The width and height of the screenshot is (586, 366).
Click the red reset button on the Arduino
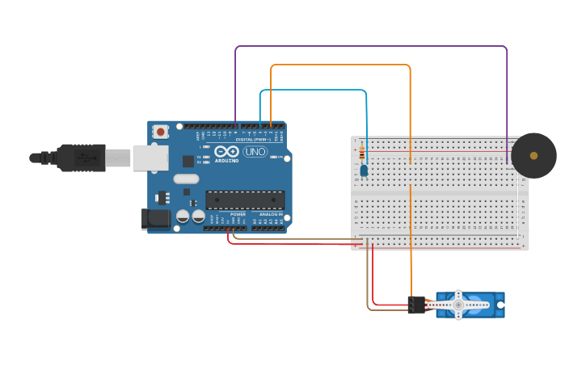tap(161, 131)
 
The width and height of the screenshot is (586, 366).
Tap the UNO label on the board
tap(255, 151)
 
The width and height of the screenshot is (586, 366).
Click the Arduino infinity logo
tap(226, 151)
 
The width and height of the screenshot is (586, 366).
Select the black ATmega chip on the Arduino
tap(245, 200)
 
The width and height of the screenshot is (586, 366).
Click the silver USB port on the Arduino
tap(150, 158)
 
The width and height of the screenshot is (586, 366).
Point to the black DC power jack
tap(156, 219)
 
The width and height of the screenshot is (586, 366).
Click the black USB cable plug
tap(81, 158)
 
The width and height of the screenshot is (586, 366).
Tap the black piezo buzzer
tap(533, 155)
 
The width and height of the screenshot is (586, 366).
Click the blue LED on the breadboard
tap(365, 170)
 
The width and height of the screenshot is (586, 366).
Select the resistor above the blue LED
tap(363, 154)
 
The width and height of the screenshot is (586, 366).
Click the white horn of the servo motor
tap(457, 305)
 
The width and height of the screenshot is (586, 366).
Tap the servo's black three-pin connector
tap(416, 305)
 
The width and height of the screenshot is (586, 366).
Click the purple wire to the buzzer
tap(372, 47)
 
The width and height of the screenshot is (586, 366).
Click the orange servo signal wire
tap(339, 65)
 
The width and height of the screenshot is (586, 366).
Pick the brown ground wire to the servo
tap(369, 283)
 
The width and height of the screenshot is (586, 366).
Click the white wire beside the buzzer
tap(518, 202)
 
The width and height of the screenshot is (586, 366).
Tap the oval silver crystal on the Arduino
tap(186, 179)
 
